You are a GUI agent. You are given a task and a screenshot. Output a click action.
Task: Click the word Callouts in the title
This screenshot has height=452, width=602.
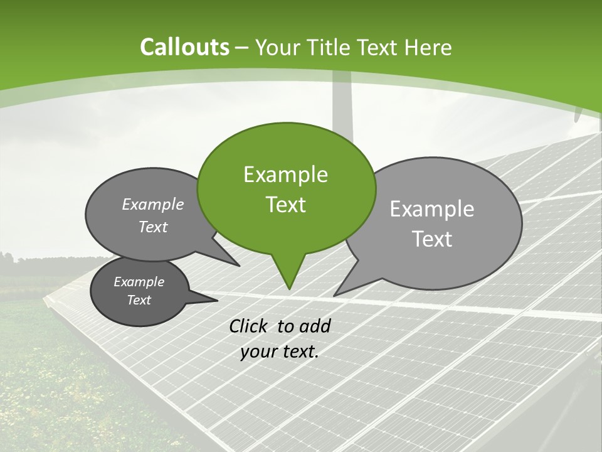tap(184, 47)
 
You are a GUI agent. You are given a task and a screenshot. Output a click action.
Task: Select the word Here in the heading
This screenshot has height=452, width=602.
tap(428, 47)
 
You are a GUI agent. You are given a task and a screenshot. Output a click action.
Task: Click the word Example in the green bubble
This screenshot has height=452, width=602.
tap(285, 175)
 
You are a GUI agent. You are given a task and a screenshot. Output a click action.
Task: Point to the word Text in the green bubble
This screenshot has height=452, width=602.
tap(285, 205)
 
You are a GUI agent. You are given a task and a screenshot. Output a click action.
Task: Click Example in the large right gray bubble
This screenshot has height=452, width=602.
tap(431, 209)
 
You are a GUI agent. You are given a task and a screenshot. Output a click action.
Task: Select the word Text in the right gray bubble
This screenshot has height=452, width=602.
tap(431, 239)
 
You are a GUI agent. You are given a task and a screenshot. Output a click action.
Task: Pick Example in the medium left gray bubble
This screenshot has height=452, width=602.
tap(152, 204)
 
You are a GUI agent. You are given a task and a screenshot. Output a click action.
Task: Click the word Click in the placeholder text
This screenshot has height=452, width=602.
tap(250, 326)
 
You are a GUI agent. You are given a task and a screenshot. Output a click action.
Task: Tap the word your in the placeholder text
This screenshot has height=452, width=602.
tap(258, 352)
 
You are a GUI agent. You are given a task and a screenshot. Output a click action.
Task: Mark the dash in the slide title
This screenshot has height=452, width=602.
tap(243, 48)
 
